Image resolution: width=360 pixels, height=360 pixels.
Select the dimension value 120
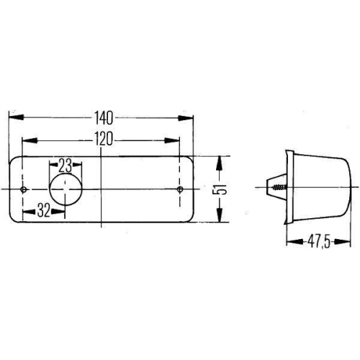(x=102, y=140)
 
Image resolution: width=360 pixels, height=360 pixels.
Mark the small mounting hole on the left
(x=25, y=189)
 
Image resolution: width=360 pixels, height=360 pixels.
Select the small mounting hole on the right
(x=180, y=189)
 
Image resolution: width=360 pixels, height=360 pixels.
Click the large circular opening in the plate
(x=66, y=189)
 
